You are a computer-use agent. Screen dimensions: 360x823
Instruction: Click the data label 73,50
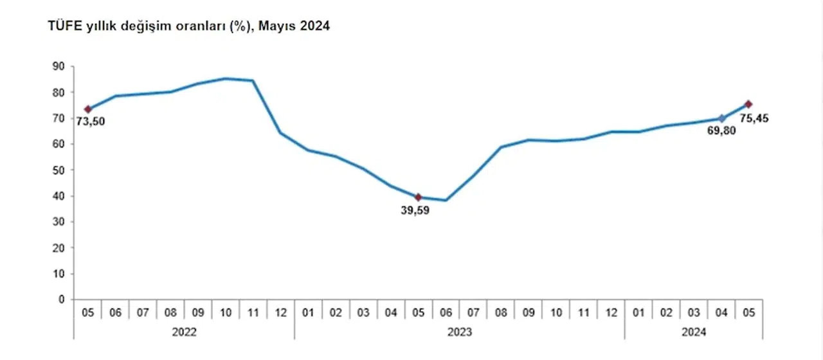[x=91, y=122]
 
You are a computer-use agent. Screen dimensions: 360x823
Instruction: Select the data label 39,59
[x=415, y=210]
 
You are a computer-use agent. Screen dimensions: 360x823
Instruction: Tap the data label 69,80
[x=722, y=130]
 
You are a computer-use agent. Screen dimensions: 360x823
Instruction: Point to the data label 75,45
[x=755, y=118]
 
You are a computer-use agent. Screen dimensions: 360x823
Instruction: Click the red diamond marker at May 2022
[x=87, y=109]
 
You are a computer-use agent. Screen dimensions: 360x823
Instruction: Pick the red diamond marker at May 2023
[x=418, y=197]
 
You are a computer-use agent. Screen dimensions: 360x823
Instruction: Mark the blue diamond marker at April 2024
[x=721, y=118]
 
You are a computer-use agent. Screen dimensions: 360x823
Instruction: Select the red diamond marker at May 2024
[x=748, y=104]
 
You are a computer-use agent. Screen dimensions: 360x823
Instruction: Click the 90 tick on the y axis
[x=58, y=66]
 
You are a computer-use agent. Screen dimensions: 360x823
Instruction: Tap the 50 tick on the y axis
[x=58, y=170]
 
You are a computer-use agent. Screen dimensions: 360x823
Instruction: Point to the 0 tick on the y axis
[x=62, y=299]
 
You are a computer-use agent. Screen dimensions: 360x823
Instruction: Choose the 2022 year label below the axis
[x=184, y=332]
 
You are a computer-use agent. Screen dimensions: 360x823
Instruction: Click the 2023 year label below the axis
[x=459, y=332]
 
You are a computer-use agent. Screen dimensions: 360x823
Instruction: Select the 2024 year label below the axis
[x=693, y=332]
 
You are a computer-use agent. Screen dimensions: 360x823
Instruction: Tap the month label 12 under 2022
[x=280, y=313]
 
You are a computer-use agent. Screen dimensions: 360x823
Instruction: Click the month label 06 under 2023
[x=446, y=313]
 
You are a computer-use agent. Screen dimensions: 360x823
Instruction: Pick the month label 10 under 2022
[x=225, y=313]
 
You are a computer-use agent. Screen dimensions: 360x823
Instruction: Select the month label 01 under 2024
[x=638, y=313]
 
